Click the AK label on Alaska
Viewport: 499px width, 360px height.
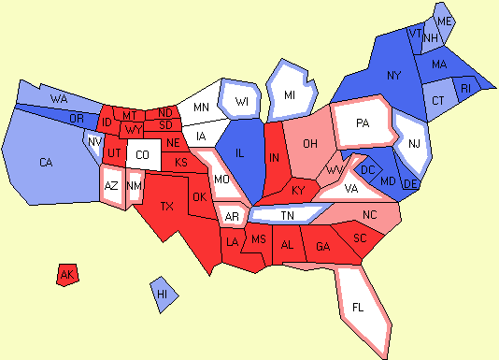[x=66, y=275]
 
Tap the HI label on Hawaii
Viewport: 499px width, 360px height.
[x=163, y=294]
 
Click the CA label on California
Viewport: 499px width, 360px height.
[x=46, y=163]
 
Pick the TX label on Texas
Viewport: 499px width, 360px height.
[x=168, y=206]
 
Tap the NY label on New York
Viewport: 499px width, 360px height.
[x=393, y=75]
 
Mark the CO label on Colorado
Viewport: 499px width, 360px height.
[x=142, y=155]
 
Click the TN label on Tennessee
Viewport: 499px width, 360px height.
[x=288, y=215]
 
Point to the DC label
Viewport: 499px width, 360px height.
[x=367, y=168]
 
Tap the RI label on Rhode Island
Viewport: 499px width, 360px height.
[x=467, y=89]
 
